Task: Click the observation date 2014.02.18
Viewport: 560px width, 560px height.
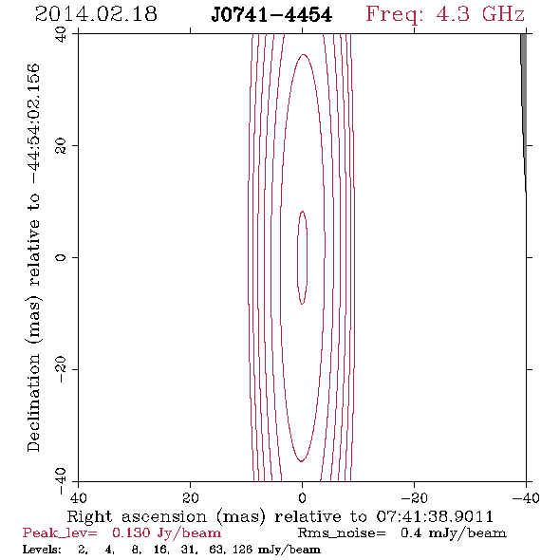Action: tap(96, 14)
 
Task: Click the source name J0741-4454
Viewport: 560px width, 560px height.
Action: tap(271, 15)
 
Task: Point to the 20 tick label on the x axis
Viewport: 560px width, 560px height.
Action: tap(191, 497)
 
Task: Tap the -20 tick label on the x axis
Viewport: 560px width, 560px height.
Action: tap(414, 497)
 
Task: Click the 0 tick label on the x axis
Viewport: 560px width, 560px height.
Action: tap(302, 497)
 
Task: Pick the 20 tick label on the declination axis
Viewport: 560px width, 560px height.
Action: tap(61, 146)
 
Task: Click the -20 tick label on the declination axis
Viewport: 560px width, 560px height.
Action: tap(61, 369)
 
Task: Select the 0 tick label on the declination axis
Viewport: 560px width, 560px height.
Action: tap(61, 257)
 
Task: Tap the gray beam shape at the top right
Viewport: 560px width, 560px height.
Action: tap(524, 107)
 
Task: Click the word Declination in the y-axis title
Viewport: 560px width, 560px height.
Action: tap(33, 402)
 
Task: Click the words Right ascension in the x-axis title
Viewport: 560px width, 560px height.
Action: tap(137, 516)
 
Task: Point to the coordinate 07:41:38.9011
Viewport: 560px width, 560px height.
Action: tap(435, 516)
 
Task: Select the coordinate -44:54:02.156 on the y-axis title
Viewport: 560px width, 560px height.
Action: tap(33, 124)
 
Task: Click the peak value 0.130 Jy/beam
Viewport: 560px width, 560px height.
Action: tap(166, 533)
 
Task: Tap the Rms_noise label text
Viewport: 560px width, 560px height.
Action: tap(342, 533)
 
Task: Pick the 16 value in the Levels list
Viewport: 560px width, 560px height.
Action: tap(161, 550)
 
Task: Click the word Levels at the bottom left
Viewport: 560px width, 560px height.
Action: tap(42, 550)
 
